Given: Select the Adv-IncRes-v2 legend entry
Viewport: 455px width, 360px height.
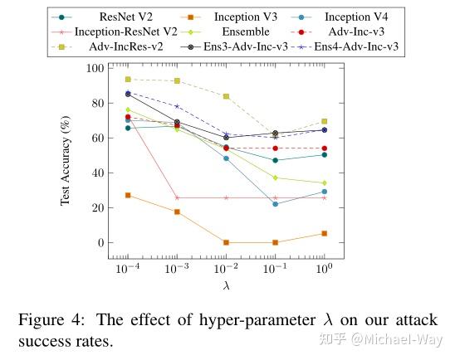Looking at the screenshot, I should pyautogui.click(x=116, y=47).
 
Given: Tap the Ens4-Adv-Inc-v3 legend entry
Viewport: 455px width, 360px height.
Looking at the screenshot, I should pyautogui.click(x=358, y=47).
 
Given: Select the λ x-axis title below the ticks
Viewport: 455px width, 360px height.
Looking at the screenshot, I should pyautogui.click(x=225, y=286).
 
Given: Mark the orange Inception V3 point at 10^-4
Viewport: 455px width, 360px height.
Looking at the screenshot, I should pyautogui.click(x=127, y=195).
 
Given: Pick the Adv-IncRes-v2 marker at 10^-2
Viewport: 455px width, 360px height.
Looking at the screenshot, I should pyautogui.click(x=226, y=96).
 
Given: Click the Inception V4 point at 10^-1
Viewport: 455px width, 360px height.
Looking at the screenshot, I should pyautogui.click(x=275, y=204).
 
